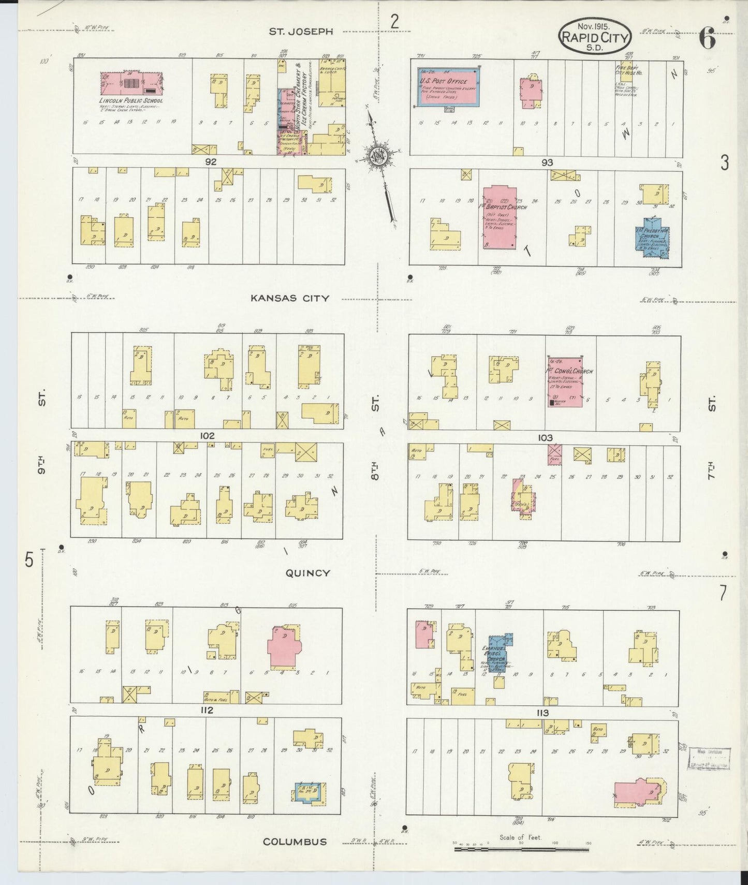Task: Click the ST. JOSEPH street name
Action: pos(300,32)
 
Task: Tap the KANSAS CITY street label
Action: pos(290,298)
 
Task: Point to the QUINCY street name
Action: pos(307,573)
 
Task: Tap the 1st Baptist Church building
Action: pos(501,216)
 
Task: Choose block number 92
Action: pos(210,161)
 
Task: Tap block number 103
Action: pos(545,438)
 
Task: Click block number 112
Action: pos(207,711)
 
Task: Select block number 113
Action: pos(542,713)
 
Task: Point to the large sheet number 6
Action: pos(707,39)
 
